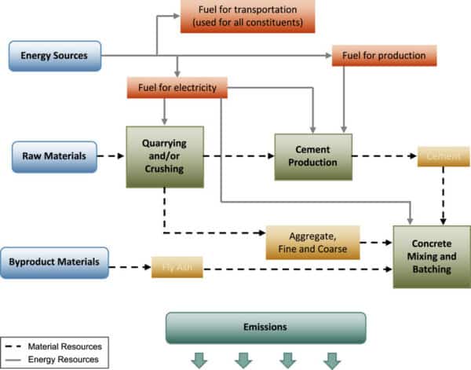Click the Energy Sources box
pyautogui.click(x=55, y=55)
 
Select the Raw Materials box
pyautogui.click(x=53, y=157)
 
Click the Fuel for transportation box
pyautogui.click(x=242, y=16)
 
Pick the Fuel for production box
pyautogui.click(x=384, y=56)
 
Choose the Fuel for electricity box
pyautogui.click(x=177, y=87)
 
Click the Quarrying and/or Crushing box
pyautogui.click(x=164, y=156)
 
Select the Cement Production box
pyautogui.click(x=312, y=156)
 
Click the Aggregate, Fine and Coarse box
pyautogui.click(x=312, y=243)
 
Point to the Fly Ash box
pyautogui.click(x=177, y=269)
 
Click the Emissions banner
pyautogui.click(x=265, y=327)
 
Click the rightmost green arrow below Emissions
pyautogui.click(x=332, y=361)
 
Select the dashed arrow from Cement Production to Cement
pyautogui.click(x=384, y=157)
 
